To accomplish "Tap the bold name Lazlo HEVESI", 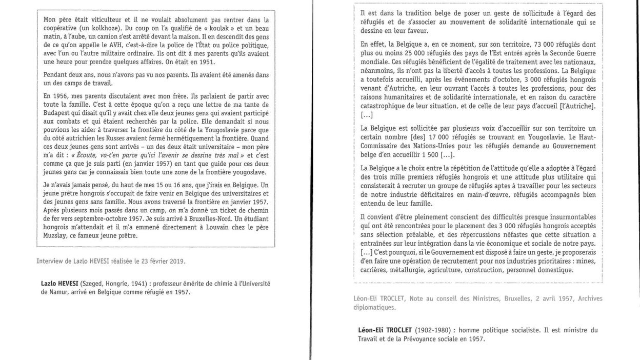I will click(x=62, y=284).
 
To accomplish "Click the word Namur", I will click(x=52, y=292).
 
